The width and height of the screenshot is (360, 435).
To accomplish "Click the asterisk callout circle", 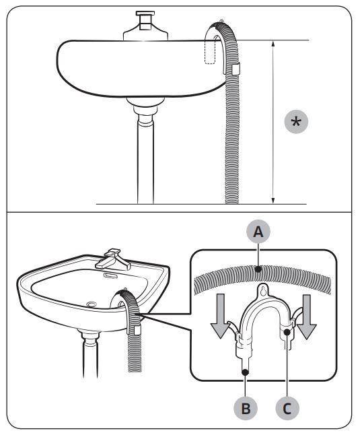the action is [x=296, y=121].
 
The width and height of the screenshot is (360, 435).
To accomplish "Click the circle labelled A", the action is [x=258, y=232].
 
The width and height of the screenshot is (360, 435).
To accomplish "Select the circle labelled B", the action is [x=246, y=408].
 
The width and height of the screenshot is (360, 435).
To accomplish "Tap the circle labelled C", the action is [x=287, y=408].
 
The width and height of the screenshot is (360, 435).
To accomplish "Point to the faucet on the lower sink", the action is [x=113, y=259].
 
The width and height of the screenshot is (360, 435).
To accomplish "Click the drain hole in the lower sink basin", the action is [x=92, y=304].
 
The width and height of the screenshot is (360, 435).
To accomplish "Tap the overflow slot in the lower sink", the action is [x=110, y=275].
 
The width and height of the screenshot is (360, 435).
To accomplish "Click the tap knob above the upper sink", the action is [x=145, y=20].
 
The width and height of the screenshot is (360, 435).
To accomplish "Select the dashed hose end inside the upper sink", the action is [x=210, y=52].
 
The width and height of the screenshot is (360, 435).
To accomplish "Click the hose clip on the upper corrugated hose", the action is [x=236, y=69].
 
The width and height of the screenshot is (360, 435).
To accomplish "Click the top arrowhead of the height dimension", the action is [x=273, y=43].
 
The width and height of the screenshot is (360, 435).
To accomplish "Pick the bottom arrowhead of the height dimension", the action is [x=273, y=201].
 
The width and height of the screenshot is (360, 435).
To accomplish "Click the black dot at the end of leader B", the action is [x=245, y=372].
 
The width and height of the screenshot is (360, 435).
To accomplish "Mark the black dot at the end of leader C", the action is [x=287, y=331].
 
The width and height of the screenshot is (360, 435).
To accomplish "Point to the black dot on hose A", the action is [x=258, y=269].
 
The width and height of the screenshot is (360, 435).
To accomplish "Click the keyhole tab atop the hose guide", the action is [x=263, y=290].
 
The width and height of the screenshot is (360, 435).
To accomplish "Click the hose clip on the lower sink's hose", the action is [x=137, y=330].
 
